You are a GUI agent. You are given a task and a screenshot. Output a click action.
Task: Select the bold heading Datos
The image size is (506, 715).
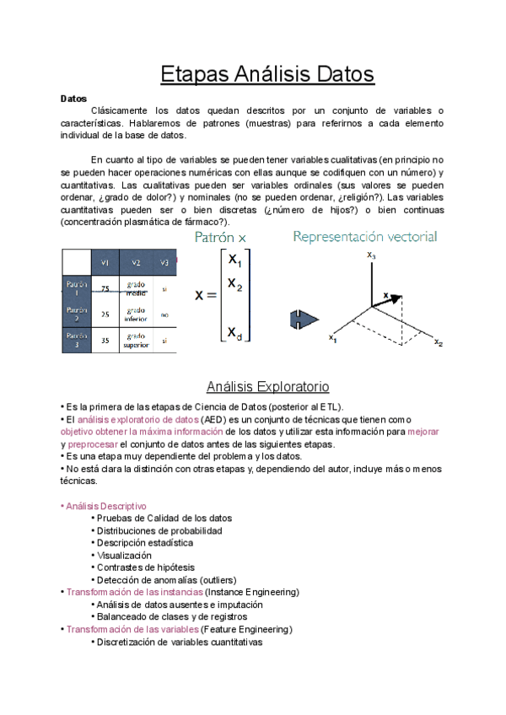(74, 98)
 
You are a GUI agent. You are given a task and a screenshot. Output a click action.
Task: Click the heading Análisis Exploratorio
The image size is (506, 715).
(267, 387)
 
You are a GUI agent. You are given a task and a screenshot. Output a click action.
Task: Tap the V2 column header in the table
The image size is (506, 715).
(135, 262)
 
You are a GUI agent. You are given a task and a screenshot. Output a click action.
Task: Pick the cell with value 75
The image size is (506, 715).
(105, 288)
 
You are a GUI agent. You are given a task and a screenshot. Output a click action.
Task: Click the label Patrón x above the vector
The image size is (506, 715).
(221, 238)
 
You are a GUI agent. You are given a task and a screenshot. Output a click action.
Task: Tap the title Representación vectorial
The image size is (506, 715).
(365, 237)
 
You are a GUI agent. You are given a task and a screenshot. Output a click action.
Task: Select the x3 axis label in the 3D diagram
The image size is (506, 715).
(372, 254)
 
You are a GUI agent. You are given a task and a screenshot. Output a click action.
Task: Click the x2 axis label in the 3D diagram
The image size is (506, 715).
(439, 342)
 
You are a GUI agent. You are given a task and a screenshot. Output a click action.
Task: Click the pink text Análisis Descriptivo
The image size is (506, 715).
(105, 506)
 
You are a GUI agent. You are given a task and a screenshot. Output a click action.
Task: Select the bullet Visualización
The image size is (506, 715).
(124, 556)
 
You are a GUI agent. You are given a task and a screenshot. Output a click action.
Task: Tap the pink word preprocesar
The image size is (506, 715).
(92, 444)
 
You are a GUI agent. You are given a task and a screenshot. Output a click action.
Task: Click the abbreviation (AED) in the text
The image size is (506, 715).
(213, 419)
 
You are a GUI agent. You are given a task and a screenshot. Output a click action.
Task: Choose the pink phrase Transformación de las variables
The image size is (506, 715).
(132, 629)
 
